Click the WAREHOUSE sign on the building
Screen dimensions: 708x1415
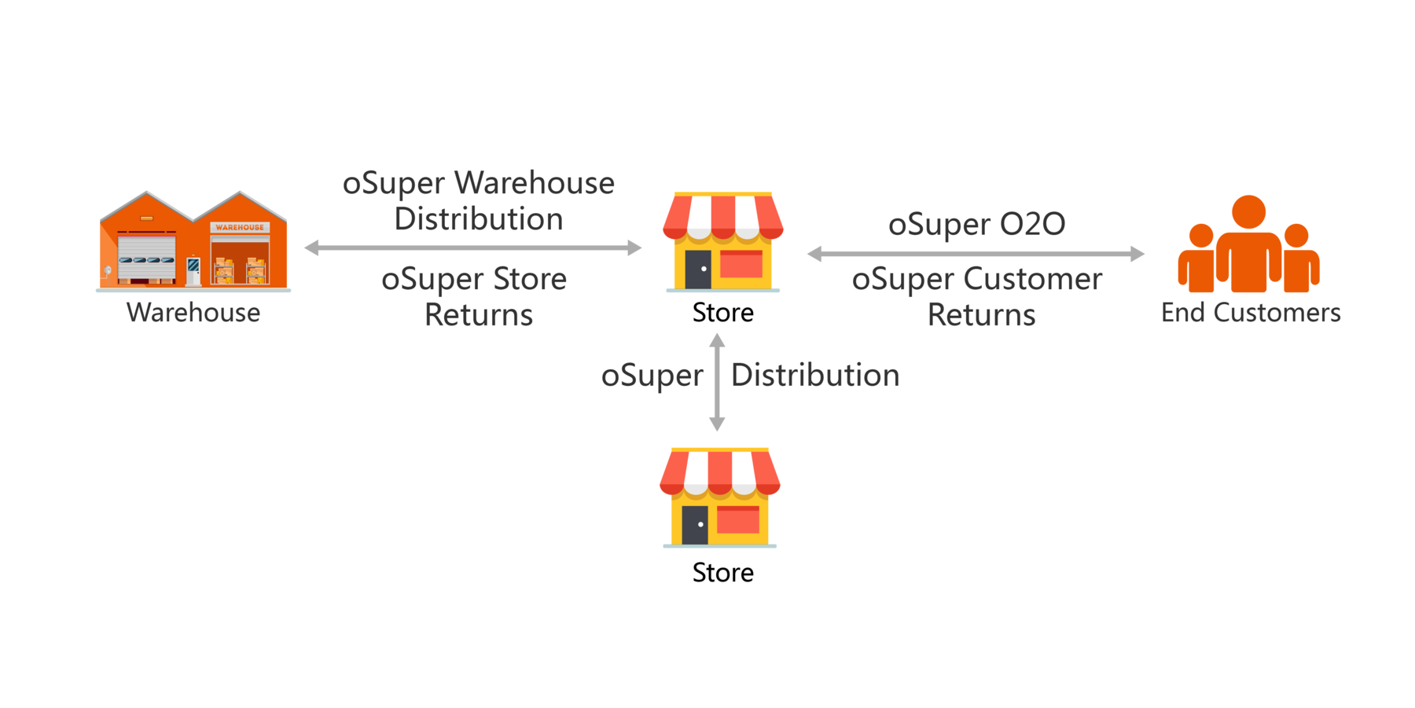point(240,227)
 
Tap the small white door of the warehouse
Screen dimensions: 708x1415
point(193,270)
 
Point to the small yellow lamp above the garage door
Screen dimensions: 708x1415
point(146,218)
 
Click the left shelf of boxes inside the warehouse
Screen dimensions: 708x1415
point(224,270)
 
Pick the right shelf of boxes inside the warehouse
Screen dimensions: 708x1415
point(256,270)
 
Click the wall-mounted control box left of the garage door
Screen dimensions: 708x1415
point(108,270)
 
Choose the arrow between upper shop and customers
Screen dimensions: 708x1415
point(976,254)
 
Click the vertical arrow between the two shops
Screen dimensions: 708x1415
point(717,382)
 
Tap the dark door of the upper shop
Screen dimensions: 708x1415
point(697,270)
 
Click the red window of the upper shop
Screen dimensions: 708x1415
point(741,264)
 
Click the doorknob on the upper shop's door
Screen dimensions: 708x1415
point(704,269)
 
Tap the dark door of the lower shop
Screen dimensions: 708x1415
point(694,525)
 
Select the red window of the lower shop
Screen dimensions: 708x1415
point(738,519)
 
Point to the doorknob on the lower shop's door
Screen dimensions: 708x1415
point(700,524)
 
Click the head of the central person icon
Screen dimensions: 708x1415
point(1248,211)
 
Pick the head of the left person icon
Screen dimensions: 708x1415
point(1201,235)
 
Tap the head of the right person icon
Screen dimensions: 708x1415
point(1296,235)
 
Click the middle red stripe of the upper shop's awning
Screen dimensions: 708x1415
point(723,216)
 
